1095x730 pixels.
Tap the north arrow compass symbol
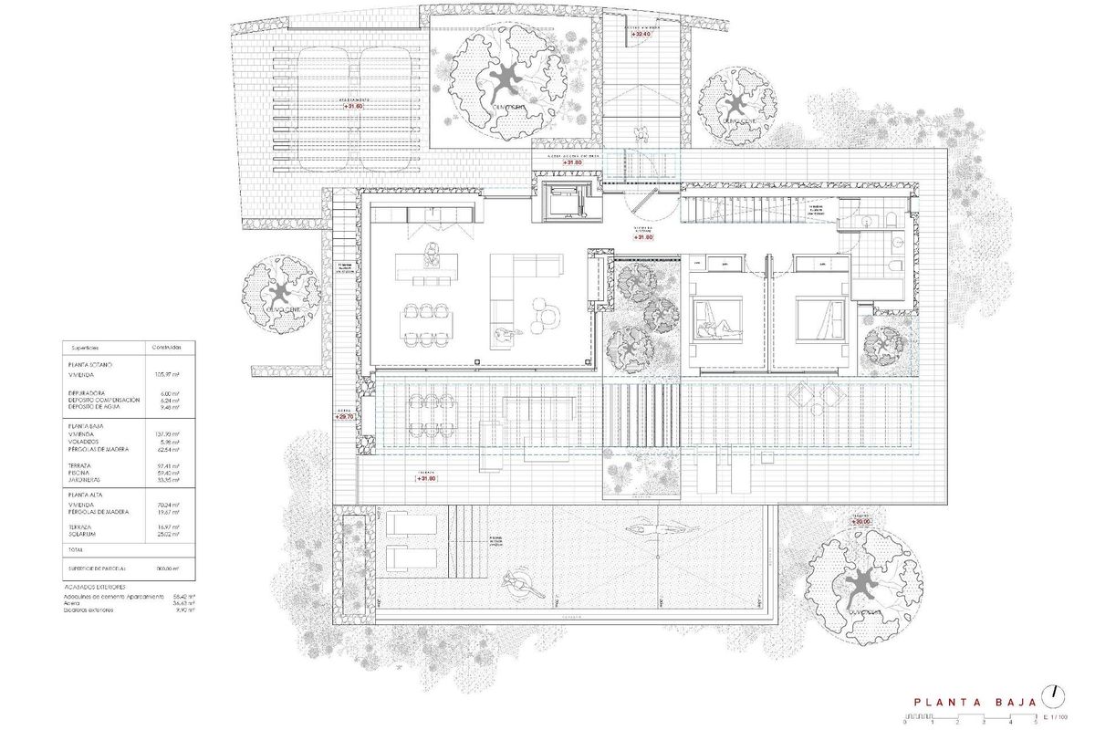click(1055, 694)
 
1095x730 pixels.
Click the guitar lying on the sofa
click(502, 336)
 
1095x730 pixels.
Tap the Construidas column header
click(167, 347)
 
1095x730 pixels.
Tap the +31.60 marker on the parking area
click(353, 106)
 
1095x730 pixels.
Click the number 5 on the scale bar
click(1036, 721)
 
